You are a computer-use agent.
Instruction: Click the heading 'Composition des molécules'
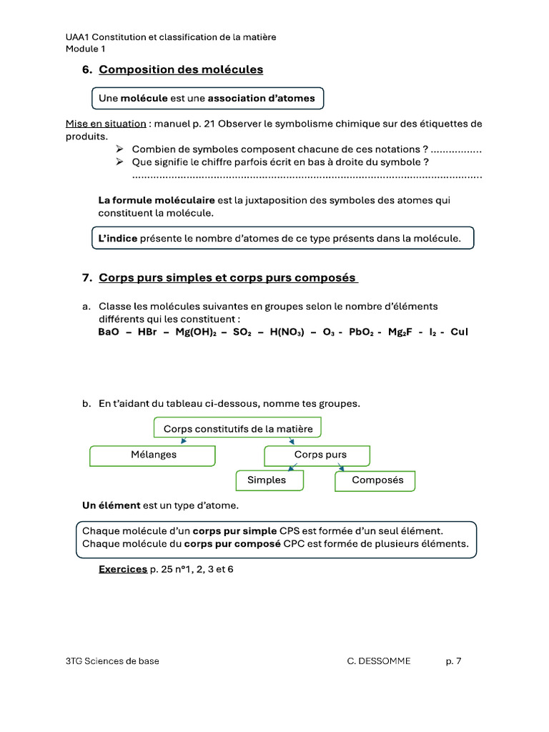(181, 69)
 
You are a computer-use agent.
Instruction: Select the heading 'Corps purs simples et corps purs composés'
(228, 277)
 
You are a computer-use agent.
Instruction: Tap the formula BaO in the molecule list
(109, 332)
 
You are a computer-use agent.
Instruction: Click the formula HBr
(147, 332)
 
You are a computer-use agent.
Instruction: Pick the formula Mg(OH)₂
(197, 332)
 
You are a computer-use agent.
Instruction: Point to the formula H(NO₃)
(287, 332)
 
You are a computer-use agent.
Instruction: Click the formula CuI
(459, 332)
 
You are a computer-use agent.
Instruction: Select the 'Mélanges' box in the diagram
(152, 455)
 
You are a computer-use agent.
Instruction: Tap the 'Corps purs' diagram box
(317, 455)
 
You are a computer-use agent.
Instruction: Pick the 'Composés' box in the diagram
(375, 480)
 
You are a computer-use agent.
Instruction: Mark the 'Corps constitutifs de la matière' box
(238, 429)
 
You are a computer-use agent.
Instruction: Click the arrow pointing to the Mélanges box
(184, 441)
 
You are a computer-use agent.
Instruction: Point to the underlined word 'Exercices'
(122, 570)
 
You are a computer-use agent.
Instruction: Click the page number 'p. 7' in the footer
(453, 661)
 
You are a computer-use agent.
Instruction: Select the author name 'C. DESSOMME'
(379, 661)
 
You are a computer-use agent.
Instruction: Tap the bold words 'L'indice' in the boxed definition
(117, 239)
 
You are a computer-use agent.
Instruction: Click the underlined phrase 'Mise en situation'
(106, 124)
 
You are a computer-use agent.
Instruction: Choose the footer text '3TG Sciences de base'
(112, 661)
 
